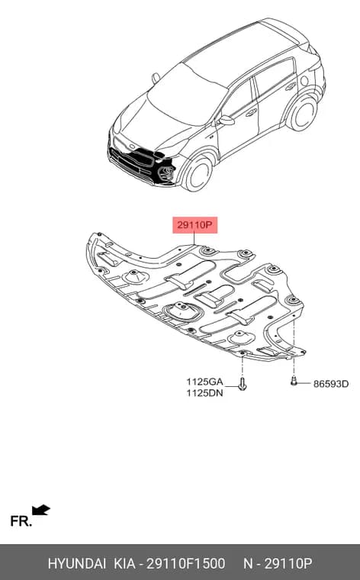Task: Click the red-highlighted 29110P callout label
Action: pyautogui.click(x=194, y=225)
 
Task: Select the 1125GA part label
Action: pyautogui.click(x=204, y=382)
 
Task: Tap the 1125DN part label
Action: pyautogui.click(x=204, y=393)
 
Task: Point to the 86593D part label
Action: pyautogui.click(x=331, y=384)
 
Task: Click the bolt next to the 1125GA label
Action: pyautogui.click(x=242, y=384)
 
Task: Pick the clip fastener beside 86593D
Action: pyautogui.click(x=294, y=381)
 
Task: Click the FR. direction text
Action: pyautogui.click(x=21, y=521)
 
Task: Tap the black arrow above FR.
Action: pyautogui.click(x=40, y=510)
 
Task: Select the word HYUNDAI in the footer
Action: pyautogui.click(x=77, y=563)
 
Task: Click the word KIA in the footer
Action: pyautogui.click(x=124, y=563)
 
